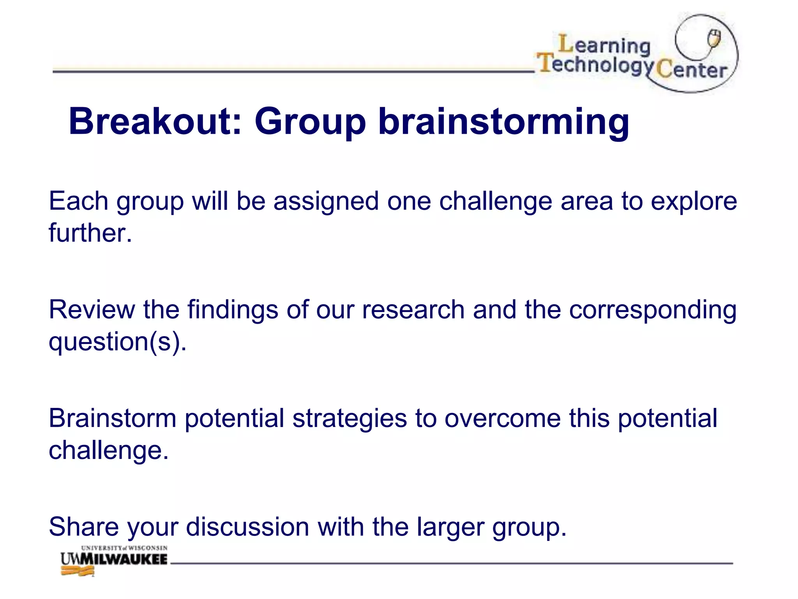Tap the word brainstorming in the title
pos(503,122)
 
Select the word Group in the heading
pos(310,122)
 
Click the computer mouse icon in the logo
pos(714,38)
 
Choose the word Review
pos(92,310)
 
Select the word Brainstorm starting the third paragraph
pos(113,418)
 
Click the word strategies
pos(350,419)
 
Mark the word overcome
pos(503,419)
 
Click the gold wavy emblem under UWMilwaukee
pos(78,572)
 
